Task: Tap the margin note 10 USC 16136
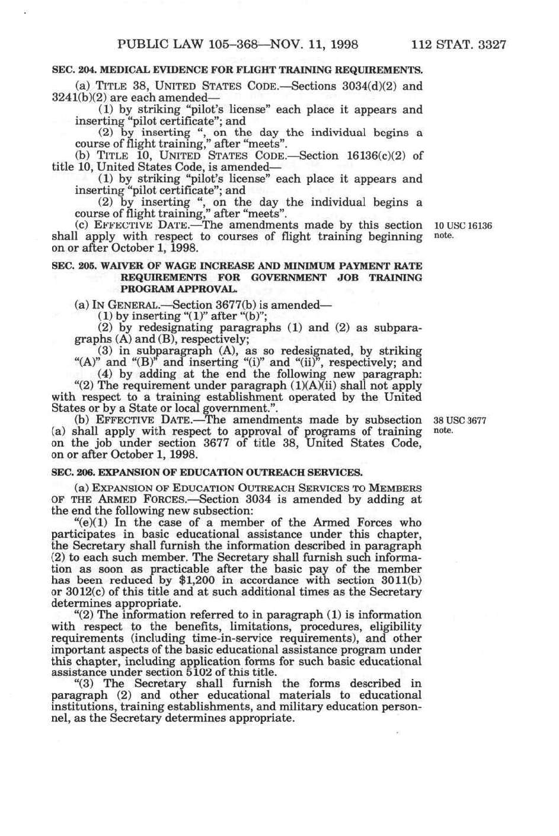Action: pos(463,226)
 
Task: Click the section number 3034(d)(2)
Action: pos(368,86)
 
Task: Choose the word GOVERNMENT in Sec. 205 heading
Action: pos(288,277)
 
